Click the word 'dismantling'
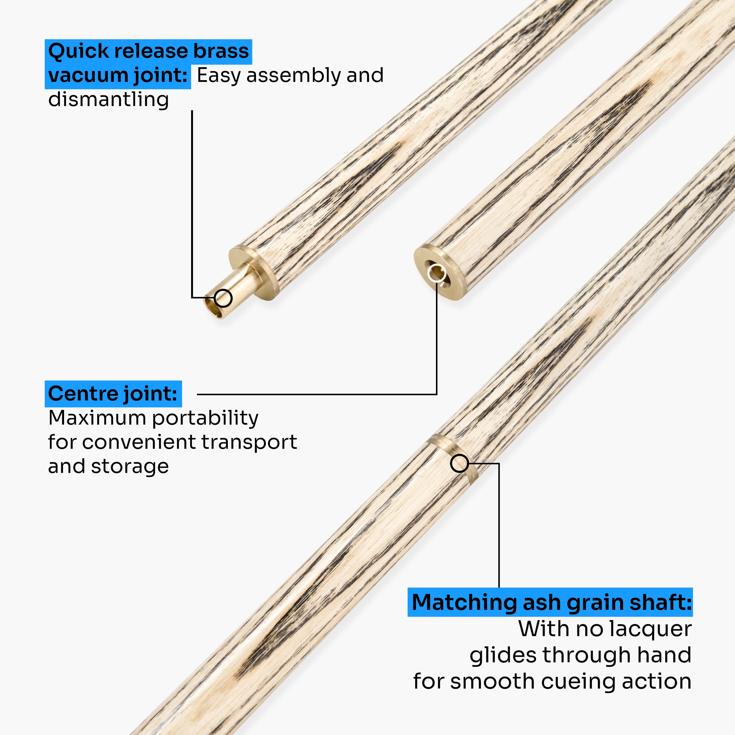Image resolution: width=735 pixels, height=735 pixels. click(x=108, y=100)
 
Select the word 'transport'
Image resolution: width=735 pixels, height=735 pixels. click(x=249, y=442)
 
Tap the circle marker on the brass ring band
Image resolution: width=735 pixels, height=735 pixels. click(x=459, y=464)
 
